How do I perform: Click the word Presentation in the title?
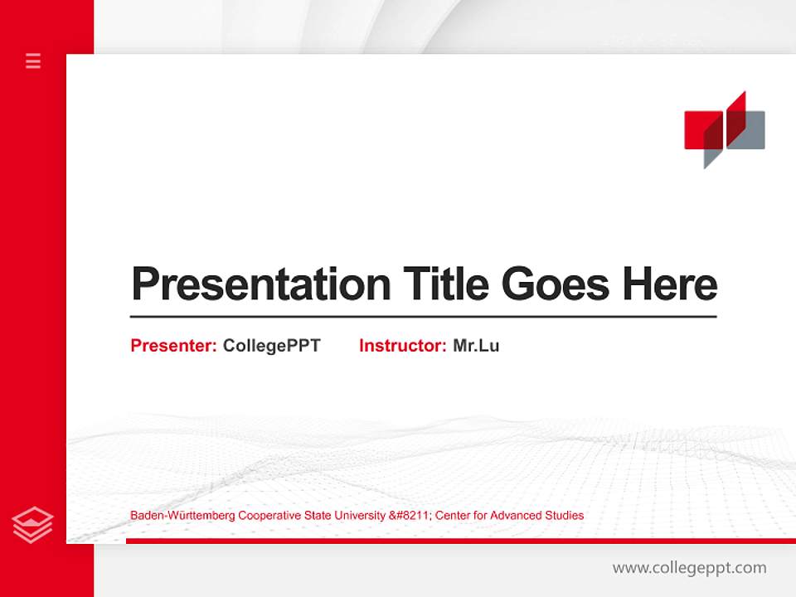coord(260,284)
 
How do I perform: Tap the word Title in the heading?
coord(446,284)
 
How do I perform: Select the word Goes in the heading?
coord(556,284)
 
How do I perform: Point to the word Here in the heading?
coord(669,284)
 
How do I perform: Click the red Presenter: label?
coord(173,346)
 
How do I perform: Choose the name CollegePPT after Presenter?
coord(271,346)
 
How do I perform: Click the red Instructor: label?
coord(402,346)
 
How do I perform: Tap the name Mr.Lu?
coord(476,346)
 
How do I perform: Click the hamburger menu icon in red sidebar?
coord(33,61)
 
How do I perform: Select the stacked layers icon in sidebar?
coord(33,525)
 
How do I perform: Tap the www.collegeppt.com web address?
coord(689,568)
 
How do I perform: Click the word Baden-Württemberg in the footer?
coord(182,516)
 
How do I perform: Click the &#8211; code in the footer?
coord(410,516)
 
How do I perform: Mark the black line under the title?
coord(423,317)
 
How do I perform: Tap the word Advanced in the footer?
coord(516,516)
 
